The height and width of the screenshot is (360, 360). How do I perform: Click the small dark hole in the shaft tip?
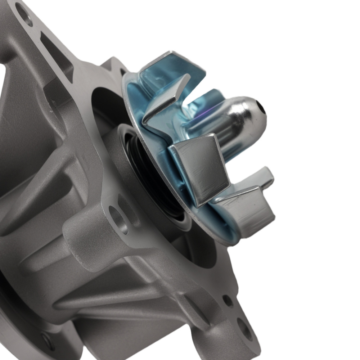[261, 108]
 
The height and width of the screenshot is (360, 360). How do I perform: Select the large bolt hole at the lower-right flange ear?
[244, 328]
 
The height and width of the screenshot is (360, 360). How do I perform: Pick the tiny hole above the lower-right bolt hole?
[228, 300]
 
